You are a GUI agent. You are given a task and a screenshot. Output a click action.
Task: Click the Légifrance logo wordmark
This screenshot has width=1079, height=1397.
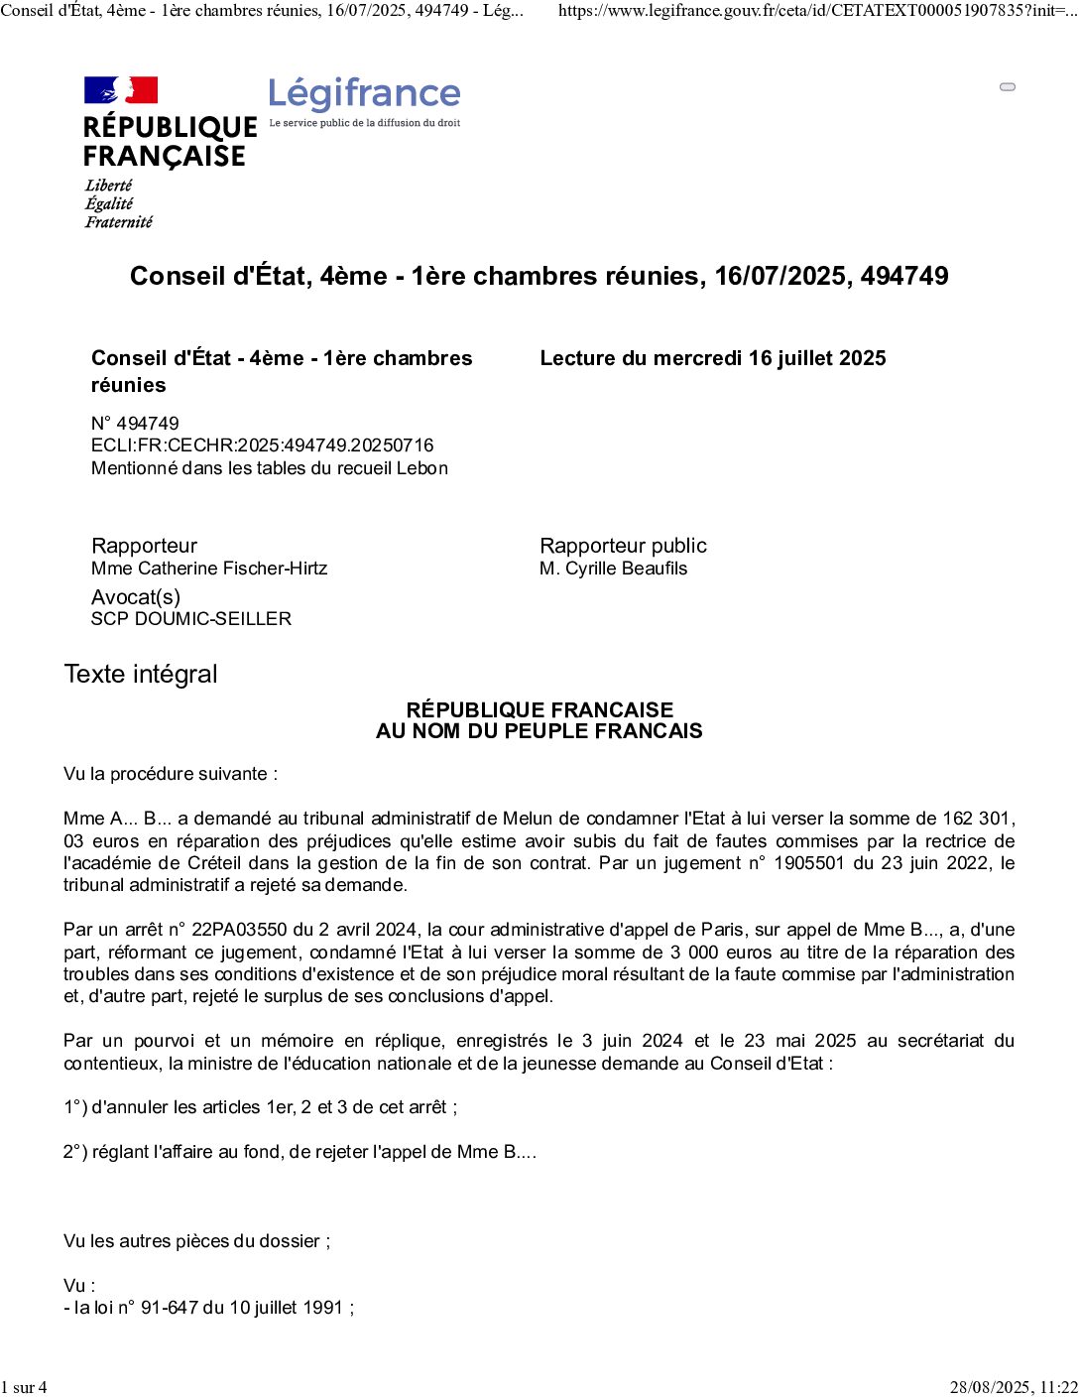[364, 94]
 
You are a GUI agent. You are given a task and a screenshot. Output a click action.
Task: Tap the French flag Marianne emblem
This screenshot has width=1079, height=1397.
[121, 90]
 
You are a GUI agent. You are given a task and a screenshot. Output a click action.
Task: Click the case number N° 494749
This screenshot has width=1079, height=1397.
[135, 424]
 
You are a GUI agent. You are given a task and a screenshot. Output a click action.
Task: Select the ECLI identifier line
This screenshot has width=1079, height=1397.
[262, 445]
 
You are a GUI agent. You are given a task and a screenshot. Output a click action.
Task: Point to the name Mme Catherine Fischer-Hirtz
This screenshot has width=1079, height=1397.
[209, 569]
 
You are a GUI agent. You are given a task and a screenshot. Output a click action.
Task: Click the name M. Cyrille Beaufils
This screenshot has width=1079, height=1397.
[613, 569]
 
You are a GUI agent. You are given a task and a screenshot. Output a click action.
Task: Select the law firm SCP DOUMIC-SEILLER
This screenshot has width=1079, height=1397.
[191, 619]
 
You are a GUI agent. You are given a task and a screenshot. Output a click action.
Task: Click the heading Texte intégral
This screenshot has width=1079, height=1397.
[141, 675]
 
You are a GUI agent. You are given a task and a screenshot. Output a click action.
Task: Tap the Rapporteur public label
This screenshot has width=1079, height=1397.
[623, 546]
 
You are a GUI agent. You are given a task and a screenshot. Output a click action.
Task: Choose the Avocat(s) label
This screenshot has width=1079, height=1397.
[136, 597]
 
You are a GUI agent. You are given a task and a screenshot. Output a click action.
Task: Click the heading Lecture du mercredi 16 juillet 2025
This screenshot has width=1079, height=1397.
[712, 358]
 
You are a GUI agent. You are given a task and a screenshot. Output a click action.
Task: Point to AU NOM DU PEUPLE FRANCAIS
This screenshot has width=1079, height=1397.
[539, 731]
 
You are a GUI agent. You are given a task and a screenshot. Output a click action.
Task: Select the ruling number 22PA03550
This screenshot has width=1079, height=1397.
[239, 930]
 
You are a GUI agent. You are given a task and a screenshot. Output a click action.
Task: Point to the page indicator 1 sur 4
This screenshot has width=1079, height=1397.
[24, 1387]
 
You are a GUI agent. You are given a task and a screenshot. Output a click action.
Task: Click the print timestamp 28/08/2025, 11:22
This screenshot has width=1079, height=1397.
[1013, 1387]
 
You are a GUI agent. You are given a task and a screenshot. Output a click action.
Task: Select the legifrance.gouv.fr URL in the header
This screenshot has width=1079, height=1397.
[816, 11]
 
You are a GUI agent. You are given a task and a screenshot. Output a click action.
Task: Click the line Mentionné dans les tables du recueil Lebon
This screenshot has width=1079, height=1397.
[270, 468]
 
